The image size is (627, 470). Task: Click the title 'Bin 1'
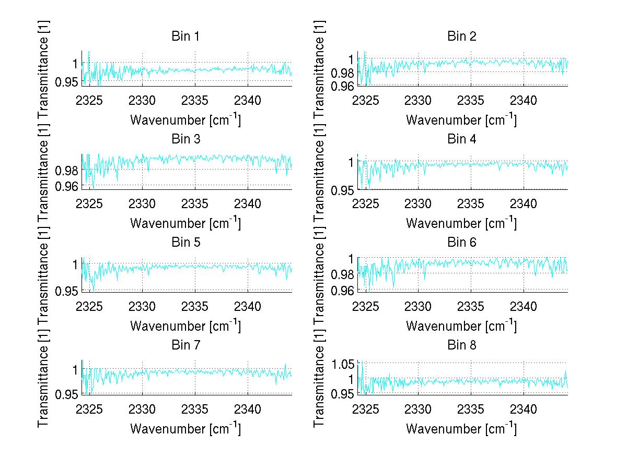pyautogui.click(x=185, y=37)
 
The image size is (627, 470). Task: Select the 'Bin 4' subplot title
pyautogui.click(x=461, y=139)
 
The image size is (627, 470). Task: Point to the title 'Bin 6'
pyautogui.click(x=461, y=242)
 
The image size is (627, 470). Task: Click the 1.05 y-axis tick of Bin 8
pyautogui.click(x=344, y=364)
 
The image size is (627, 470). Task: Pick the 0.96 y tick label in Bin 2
pyautogui.click(x=344, y=86)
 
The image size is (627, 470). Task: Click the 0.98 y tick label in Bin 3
pyautogui.click(x=68, y=170)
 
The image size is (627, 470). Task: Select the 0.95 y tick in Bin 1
pyautogui.click(x=68, y=81)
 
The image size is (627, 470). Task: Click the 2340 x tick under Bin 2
pyautogui.click(x=524, y=100)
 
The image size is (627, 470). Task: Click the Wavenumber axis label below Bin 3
pyautogui.click(x=185, y=223)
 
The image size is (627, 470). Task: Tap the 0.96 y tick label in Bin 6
pyautogui.click(x=344, y=290)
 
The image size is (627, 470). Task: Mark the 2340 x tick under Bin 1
pyautogui.click(x=248, y=100)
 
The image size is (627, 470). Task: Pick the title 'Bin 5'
pyautogui.click(x=185, y=242)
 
